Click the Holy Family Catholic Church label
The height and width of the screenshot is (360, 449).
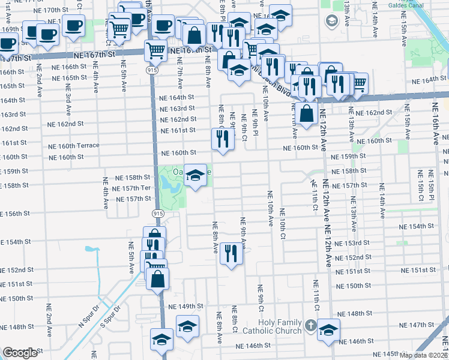pos(271,329)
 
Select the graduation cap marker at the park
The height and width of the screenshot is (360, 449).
pos(194,176)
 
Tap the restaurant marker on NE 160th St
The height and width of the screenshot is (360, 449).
pos(223,140)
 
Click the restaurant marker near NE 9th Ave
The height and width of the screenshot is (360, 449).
pos(231,254)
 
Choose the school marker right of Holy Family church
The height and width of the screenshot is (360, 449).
pos(328,331)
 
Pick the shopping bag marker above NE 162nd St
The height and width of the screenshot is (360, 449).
pos(306,114)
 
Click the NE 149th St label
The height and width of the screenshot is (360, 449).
pos(186,307)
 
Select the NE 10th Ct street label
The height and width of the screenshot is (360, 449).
pos(282,220)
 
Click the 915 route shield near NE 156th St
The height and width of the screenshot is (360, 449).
pos(156,213)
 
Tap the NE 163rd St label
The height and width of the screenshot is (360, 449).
pos(177,109)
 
